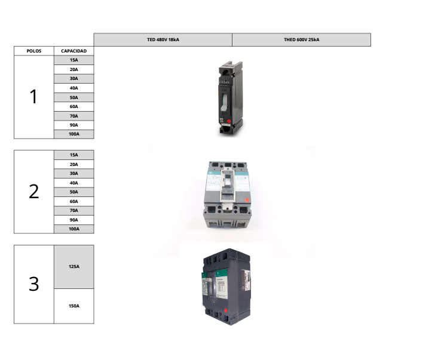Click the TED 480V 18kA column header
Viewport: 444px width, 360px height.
163,39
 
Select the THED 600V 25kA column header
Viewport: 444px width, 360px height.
302,39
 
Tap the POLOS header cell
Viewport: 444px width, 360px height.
34,51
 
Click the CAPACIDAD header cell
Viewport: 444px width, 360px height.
74,51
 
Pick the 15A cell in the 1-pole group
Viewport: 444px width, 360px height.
74,60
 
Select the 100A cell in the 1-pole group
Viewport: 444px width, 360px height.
74,134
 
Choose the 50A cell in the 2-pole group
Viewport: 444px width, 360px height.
74,192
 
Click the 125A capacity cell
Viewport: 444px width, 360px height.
74,267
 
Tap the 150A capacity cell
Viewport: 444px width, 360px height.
74,306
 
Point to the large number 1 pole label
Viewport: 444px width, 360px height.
33,97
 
